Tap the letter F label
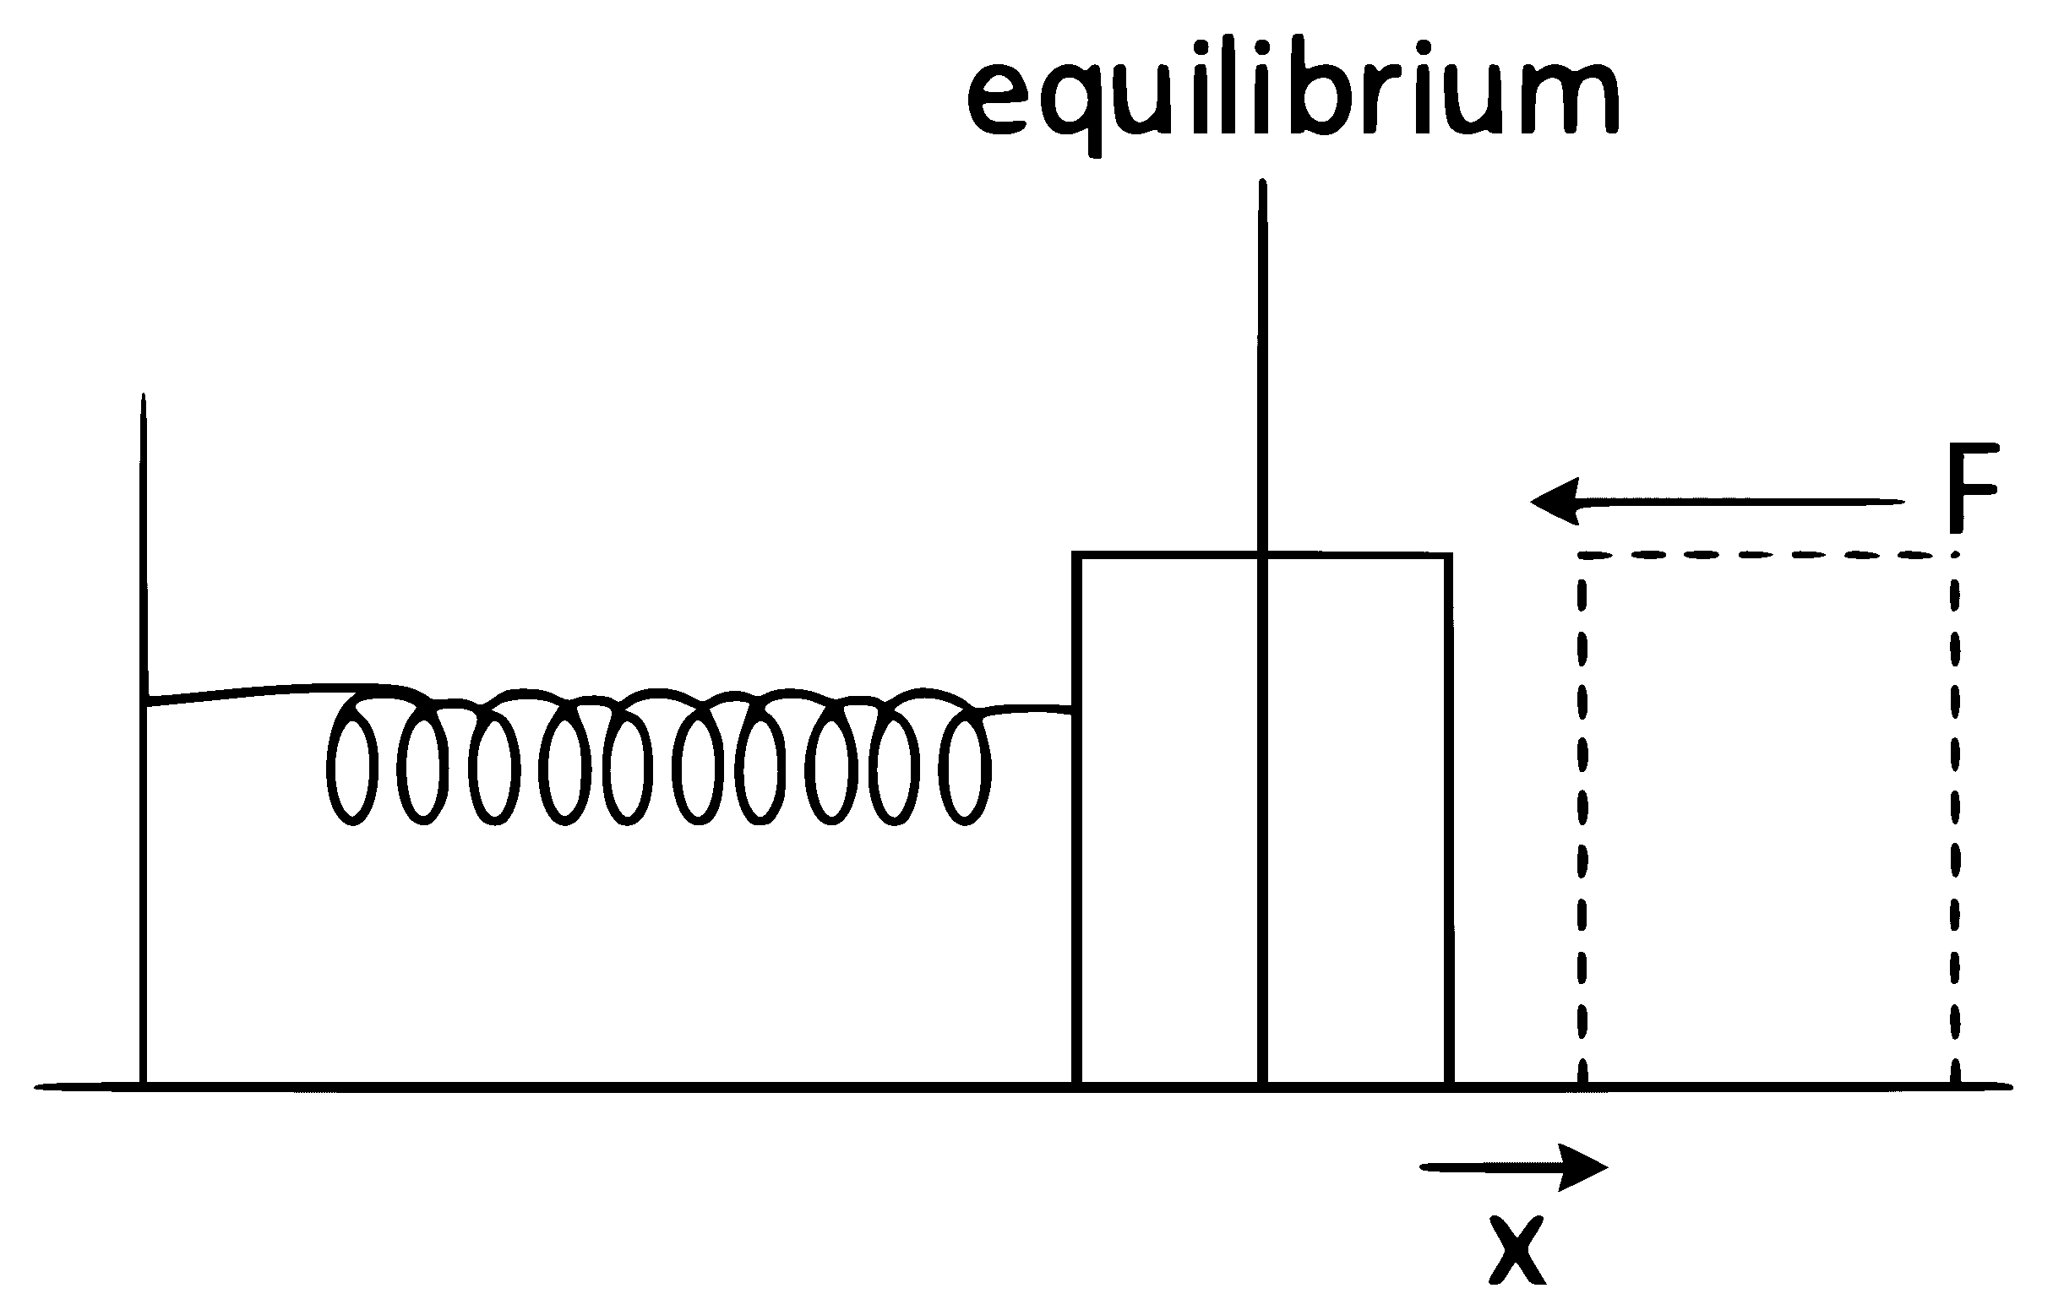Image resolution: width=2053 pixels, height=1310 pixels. coord(1973,486)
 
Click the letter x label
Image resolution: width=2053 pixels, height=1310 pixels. coord(1517,1250)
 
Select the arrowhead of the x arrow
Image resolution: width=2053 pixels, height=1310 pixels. coord(1583,1166)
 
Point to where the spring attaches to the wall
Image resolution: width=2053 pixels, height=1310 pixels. coord(148,700)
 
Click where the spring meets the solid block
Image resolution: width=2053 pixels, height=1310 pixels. coord(1074,710)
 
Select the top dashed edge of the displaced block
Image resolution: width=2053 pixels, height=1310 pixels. coord(1768,556)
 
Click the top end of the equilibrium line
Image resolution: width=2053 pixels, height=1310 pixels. coord(1263,181)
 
